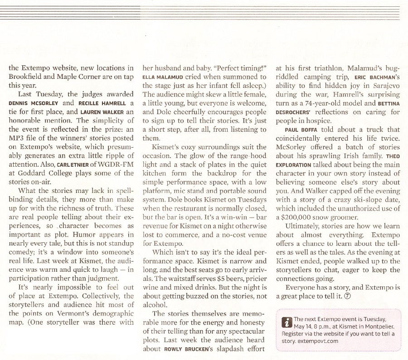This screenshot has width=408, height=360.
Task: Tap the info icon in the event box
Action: click(x=286, y=322)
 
